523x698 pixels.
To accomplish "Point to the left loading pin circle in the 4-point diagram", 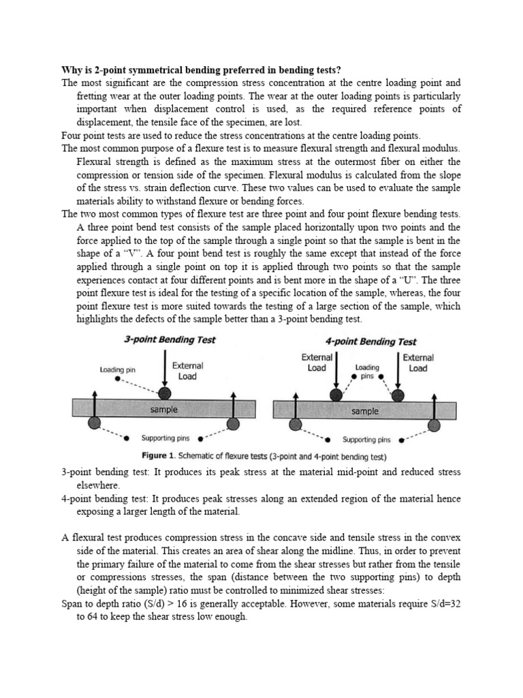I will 336,394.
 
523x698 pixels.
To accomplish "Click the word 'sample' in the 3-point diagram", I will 164,409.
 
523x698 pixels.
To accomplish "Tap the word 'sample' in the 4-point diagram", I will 365,411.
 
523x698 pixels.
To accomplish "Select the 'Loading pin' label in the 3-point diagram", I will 118,369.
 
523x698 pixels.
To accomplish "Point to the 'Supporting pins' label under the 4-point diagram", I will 366,440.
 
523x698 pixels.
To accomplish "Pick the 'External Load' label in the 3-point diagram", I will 188,370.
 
